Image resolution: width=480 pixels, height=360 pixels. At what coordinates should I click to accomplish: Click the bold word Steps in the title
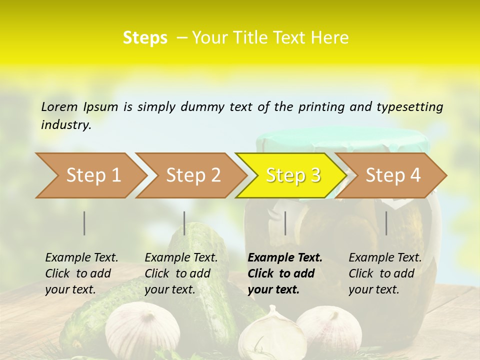pyautogui.click(x=145, y=38)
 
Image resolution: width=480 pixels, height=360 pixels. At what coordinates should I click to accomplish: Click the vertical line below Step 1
pyautogui.click(x=84, y=223)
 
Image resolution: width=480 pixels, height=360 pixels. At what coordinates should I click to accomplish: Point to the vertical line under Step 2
pyautogui.click(x=184, y=223)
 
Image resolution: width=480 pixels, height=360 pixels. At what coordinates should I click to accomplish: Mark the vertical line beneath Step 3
pyautogui.click(x=285, y=223)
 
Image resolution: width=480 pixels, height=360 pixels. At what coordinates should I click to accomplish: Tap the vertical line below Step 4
pyautogui.click(x=386, y=223)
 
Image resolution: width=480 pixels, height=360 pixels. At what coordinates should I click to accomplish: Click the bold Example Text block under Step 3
pyautogui.click(x=284, y=273)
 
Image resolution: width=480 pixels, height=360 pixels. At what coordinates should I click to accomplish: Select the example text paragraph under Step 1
pyautogui.click(x=81, y=273)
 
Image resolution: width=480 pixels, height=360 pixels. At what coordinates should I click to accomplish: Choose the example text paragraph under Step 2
pyautogui.click(x=181, y=273)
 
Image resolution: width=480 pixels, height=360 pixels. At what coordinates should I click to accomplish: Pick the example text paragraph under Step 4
pyautogui.click(x=385, y=273)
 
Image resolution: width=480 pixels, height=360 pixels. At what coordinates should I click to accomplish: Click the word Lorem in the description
pyautogui.click(x=59, y=106)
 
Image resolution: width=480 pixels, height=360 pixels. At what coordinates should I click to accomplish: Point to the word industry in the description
pyautogui.click(x=65, y=125)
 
